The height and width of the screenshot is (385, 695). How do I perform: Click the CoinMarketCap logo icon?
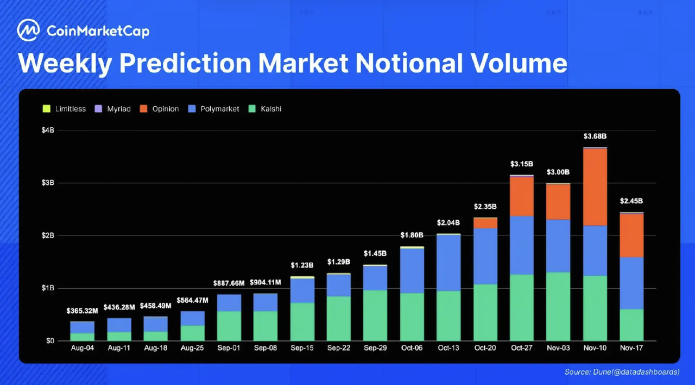click(28, 31)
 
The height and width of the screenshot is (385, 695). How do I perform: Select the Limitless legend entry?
click(65, 109)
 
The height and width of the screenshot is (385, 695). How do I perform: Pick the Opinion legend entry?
click(160, 109)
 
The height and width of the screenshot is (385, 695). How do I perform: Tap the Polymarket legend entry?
click(214, 109)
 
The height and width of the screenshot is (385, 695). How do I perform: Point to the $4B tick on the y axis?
click(48, 131)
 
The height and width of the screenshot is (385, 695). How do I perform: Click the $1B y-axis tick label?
click(48, 288)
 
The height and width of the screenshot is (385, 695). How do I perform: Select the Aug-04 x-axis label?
click(82, 347)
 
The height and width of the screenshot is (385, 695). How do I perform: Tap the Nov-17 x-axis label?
click(631, 347)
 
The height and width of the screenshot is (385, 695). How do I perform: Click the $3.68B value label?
click(595, 136)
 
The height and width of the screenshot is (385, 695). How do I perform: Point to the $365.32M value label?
click(82, 311)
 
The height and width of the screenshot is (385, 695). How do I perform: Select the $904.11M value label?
click(266, 283)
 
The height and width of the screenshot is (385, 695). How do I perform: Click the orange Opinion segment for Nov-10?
click(595, 187)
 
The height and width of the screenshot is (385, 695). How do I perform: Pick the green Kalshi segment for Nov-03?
click(558, 306)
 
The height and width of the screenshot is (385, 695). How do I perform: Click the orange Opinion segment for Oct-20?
click(485, 223)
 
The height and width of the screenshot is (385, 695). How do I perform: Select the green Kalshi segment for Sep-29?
click(375, 315)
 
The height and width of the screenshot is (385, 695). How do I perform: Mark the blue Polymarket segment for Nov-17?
click(631, 283)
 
